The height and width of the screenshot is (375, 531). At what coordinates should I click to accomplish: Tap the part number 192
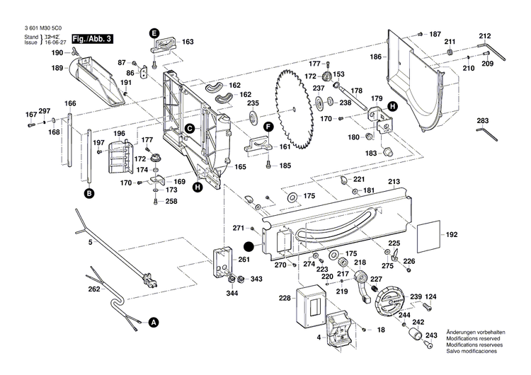[x=450, y=233]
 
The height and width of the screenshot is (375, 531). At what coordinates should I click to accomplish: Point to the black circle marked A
[x=153, y=322]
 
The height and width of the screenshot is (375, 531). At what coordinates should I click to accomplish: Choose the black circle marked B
[x=89, y=192]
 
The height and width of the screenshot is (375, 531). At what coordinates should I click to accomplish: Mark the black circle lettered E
[x=154, y=32]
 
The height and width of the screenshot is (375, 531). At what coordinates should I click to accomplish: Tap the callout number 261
[x=244, y=260]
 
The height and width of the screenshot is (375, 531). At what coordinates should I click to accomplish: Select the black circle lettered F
[x=268, y=127]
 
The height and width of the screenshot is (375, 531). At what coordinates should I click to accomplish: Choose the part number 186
[x=376, y=57]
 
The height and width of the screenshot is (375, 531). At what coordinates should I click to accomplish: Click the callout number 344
[x=232, y=293]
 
